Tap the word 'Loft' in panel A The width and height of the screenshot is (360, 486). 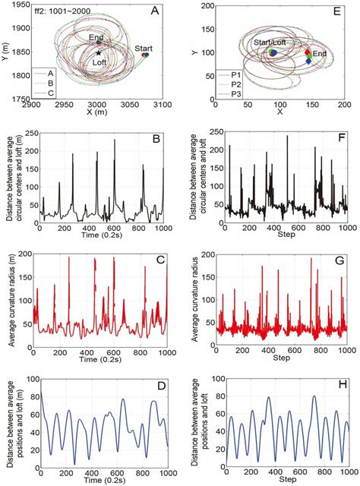pyautogui.click(x=99, y=65)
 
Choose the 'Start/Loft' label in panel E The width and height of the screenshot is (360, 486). pyautogui.click(x=270, y=43)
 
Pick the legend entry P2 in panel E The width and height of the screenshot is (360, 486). pyautogui.click(x=232, y=84)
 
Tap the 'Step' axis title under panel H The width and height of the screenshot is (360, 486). pyautogui.click(x=281, y=481)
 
